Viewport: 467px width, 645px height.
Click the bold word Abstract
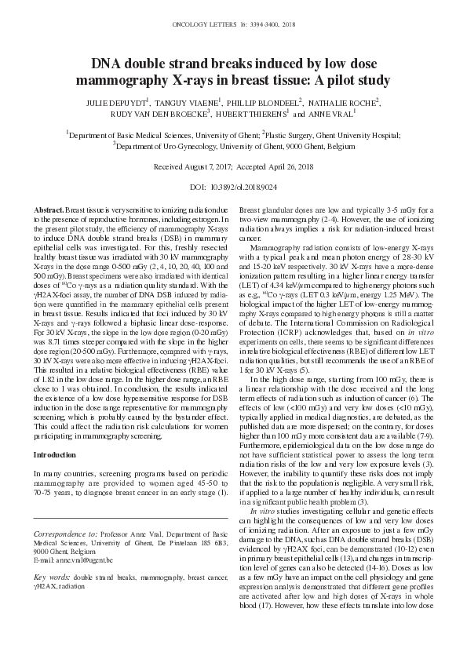(49, 211)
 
